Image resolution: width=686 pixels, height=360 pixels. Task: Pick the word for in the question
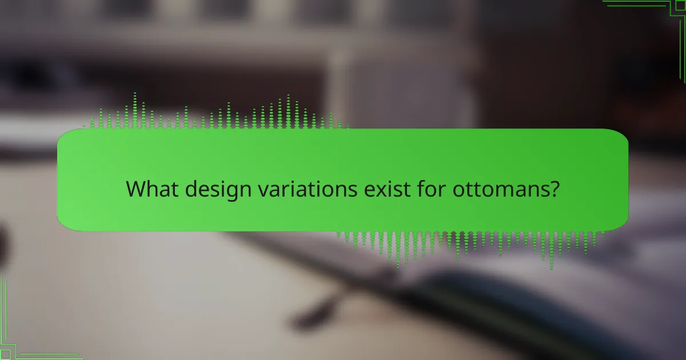pos(428,189)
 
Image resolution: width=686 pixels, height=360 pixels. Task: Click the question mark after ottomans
pos(553,189)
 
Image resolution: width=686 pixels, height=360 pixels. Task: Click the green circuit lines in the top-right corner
pos(657,17)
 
